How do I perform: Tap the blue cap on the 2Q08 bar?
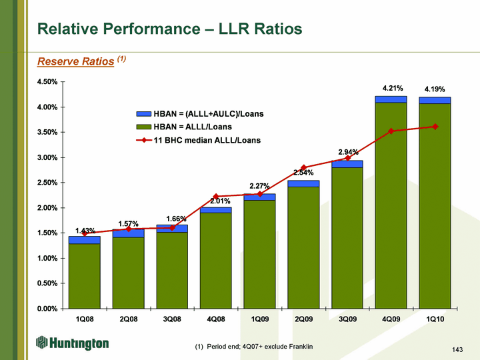[x=128, y=233]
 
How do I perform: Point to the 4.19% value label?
[x=435, y=89]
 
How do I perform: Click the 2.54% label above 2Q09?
[x=303, y=173]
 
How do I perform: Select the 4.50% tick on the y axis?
[x=47, y=82]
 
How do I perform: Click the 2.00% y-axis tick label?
[x=47, y=208]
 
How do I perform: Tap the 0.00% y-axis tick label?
[x=47, y=309]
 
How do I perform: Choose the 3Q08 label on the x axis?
[x=172, y=319]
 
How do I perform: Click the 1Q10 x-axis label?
[x=435, y=319]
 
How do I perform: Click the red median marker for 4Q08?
[x=216, y=197]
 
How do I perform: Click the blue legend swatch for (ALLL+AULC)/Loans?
[x=143, y=114]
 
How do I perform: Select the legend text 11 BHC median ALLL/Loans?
[x=207, y=140]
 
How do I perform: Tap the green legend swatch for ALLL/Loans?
[x=143, y=127]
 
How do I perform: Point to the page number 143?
[x=457, y=350]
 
